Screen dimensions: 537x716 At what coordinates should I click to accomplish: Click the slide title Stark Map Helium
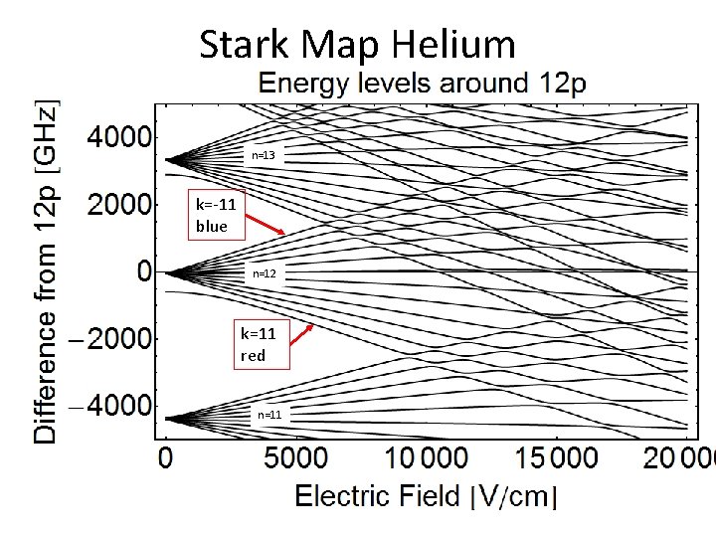click(357, 45)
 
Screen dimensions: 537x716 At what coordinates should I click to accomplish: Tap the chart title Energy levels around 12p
click(423, 84)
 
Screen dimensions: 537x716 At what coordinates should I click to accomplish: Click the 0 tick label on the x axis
click(165, 459)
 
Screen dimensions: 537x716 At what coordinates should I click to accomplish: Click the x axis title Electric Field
click(427, 496)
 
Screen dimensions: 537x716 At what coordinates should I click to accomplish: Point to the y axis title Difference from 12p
click(46, 270)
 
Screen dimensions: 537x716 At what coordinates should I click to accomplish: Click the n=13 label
click(264, 156)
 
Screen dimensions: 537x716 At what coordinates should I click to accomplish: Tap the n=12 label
click(265, 273)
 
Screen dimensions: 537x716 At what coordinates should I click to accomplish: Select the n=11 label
click(268, 414)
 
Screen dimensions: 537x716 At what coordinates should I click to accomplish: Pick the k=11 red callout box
click(260, 344)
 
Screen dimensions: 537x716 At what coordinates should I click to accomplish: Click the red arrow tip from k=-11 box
click(286, 234)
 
